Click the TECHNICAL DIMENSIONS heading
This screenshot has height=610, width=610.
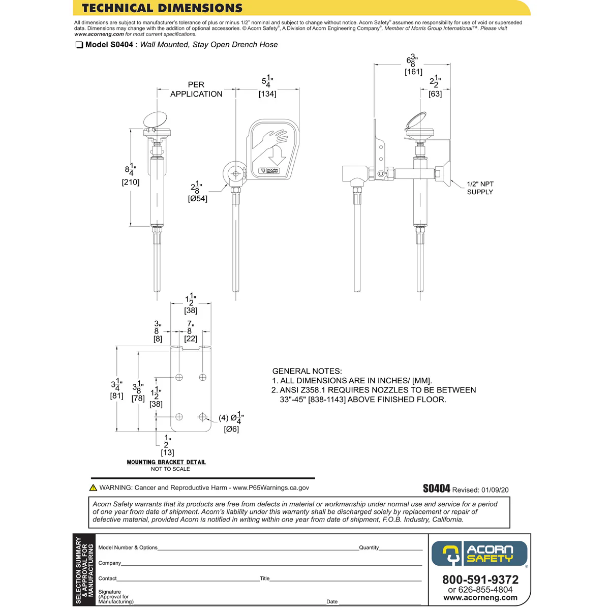point(162,8)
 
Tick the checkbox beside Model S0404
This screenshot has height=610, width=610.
point(79,45)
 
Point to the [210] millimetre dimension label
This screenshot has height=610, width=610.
point(131,182)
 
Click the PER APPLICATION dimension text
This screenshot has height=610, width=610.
point(196,89)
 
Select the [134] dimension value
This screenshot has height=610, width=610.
point(267,94)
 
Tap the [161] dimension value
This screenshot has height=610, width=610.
point(413,72)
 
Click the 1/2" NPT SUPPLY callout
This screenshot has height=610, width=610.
point(480,188)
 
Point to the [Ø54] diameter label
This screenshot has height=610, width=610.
point(198,199)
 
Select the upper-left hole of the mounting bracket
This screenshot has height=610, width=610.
point(179,377)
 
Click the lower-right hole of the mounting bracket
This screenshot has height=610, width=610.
point(203,417)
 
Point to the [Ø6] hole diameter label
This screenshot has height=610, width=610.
point(231,429)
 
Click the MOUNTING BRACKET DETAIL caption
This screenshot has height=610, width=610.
point(166,462)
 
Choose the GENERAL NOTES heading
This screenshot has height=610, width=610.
point(307,371)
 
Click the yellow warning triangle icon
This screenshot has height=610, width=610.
point(93,487)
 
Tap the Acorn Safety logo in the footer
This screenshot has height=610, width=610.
point(479,554)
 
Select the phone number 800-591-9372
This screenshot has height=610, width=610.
point(480,580)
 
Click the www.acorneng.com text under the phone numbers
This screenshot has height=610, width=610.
point(480,598)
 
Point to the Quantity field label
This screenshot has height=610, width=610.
point(369,547)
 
